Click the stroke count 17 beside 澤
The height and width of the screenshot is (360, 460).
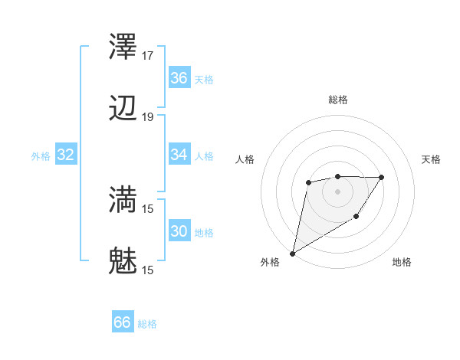pyautogui.click(x=148, y=56)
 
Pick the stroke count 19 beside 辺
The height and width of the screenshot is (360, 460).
pyautogui.click(x=148, y=116)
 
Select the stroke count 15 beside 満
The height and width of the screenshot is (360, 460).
pyautogui.click(x=148, y=208)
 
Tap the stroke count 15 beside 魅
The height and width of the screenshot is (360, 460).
pyautogui.click(x=148, y=269)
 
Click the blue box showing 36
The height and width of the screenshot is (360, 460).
pyautogui.click(x=179, y=78)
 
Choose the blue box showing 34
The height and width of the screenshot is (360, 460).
pyautogui.click(x=179, y=155)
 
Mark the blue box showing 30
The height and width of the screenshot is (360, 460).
pyautogui.click(x=179, y=231)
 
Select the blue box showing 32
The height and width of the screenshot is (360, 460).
pyautogui.click(x=66, y=155)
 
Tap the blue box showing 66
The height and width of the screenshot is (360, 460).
pyautogui.click(x=123, y=323)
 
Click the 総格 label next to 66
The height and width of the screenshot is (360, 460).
pyautogui.click(x=148, y=324)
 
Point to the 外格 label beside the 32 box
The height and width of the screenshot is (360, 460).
pyautogui.click(x=41, y=156)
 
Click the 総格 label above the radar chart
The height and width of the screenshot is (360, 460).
pyautogui.click(x=338, y=100)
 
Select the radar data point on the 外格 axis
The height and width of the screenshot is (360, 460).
pyautogui.click(x=293, y=253)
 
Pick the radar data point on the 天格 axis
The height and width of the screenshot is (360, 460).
pyautogui.click(x=382, y=177)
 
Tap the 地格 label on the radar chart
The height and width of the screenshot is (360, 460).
pyautogui.click(x=402, y=263)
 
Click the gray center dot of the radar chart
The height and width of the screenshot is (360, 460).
pyautogui.click(x=337, y=191)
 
